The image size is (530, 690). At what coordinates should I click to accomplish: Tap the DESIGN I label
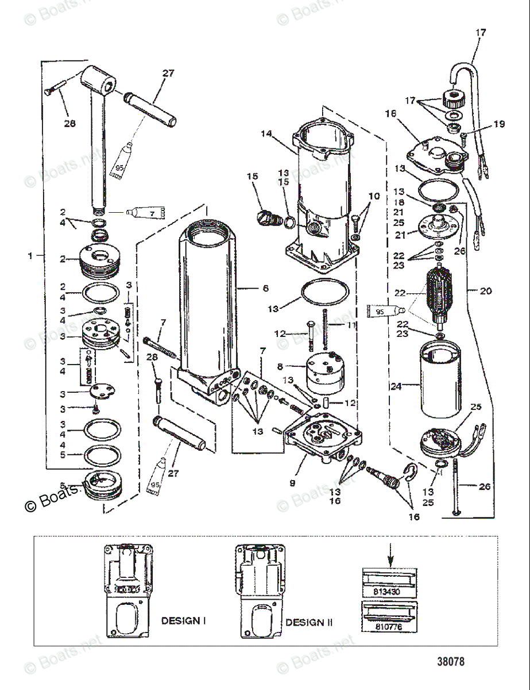pyautogui.click(x=183, y=620)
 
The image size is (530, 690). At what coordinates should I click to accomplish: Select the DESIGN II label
pyautogui.click(x=309, y=622)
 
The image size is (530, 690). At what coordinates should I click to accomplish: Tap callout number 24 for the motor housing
pyautogui.click(x=396, y=386)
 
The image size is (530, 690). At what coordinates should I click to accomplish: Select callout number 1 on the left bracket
pyautogui.click(x=31, y=255)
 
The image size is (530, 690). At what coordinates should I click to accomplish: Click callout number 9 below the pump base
pyautogui.click(x=292, y=484)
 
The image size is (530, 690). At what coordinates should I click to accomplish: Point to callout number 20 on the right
pyautogui.click(x=486, y=291)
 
